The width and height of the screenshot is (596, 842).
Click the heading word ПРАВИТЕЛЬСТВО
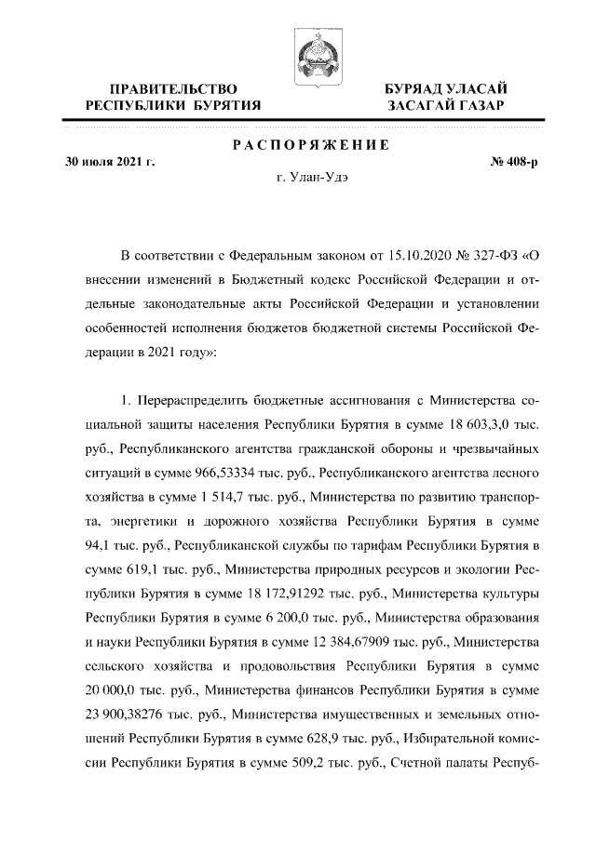click(172, 88)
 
